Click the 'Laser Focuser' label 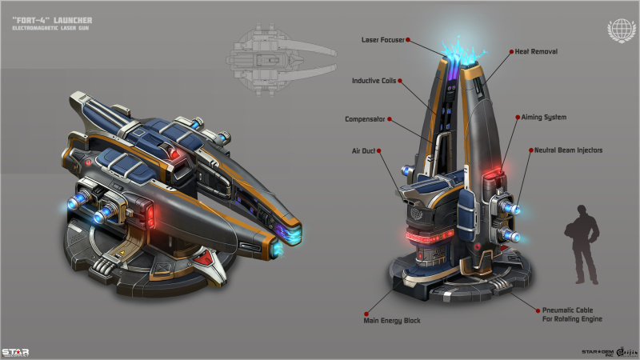point(382,38)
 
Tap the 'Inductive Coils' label point(374,80)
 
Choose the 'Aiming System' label point(543,117)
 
